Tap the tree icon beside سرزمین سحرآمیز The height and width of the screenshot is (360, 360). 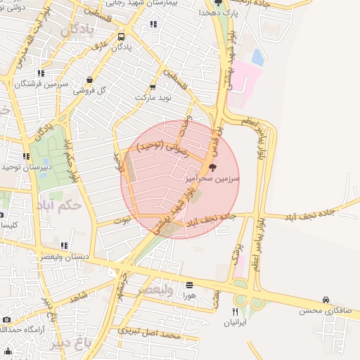tap(212, 167)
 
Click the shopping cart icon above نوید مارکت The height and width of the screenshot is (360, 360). tap(153, 87)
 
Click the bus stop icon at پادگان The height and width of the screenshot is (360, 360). tap(122, 37)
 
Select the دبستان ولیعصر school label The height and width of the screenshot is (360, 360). tap(64, 257)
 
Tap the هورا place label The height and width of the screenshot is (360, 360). tap(189, 296)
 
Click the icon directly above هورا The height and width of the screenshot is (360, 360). tap(189, 285)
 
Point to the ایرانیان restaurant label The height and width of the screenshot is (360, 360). tap(236, 323)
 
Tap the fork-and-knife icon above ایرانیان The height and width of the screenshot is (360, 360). tap(236, 311)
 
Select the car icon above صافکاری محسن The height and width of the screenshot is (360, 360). tap(326, 299)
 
